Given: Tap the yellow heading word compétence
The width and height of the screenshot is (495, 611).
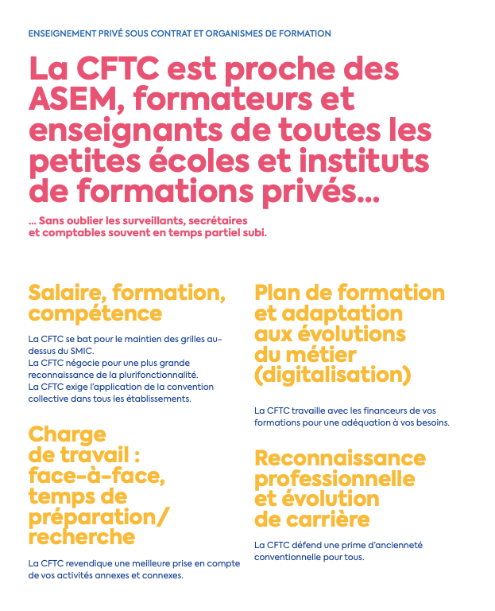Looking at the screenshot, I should (x=95, y=313).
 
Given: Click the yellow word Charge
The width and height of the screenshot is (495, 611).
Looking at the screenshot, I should (x=67, y=434).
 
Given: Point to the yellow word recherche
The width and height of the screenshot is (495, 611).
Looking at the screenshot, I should (x=82, y=537).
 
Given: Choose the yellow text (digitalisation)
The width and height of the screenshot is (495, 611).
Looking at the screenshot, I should (x=332, y=374).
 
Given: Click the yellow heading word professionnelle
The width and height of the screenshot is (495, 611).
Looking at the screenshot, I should (x=335, y=479).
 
